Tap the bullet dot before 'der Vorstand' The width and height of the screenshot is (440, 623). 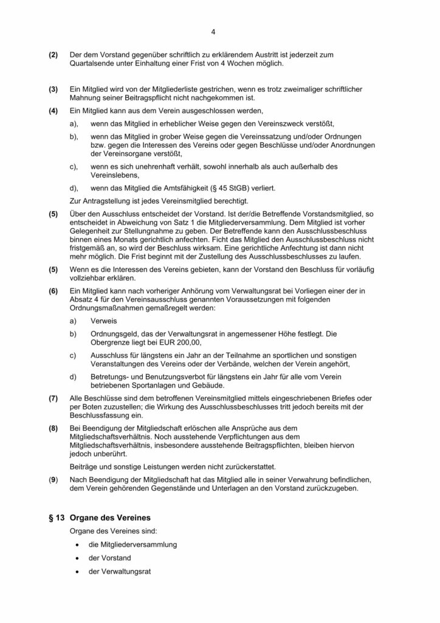point(77,558)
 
